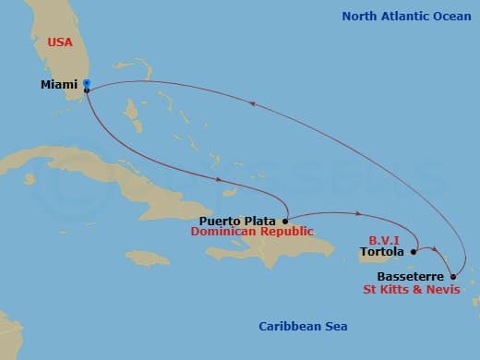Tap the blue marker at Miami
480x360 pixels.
86,84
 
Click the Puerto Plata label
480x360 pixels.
239,221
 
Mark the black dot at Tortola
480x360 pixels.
414,249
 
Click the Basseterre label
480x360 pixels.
412,275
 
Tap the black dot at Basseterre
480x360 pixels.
453,275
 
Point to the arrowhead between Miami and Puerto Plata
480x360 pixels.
219,179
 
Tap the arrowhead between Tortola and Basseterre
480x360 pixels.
433,248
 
